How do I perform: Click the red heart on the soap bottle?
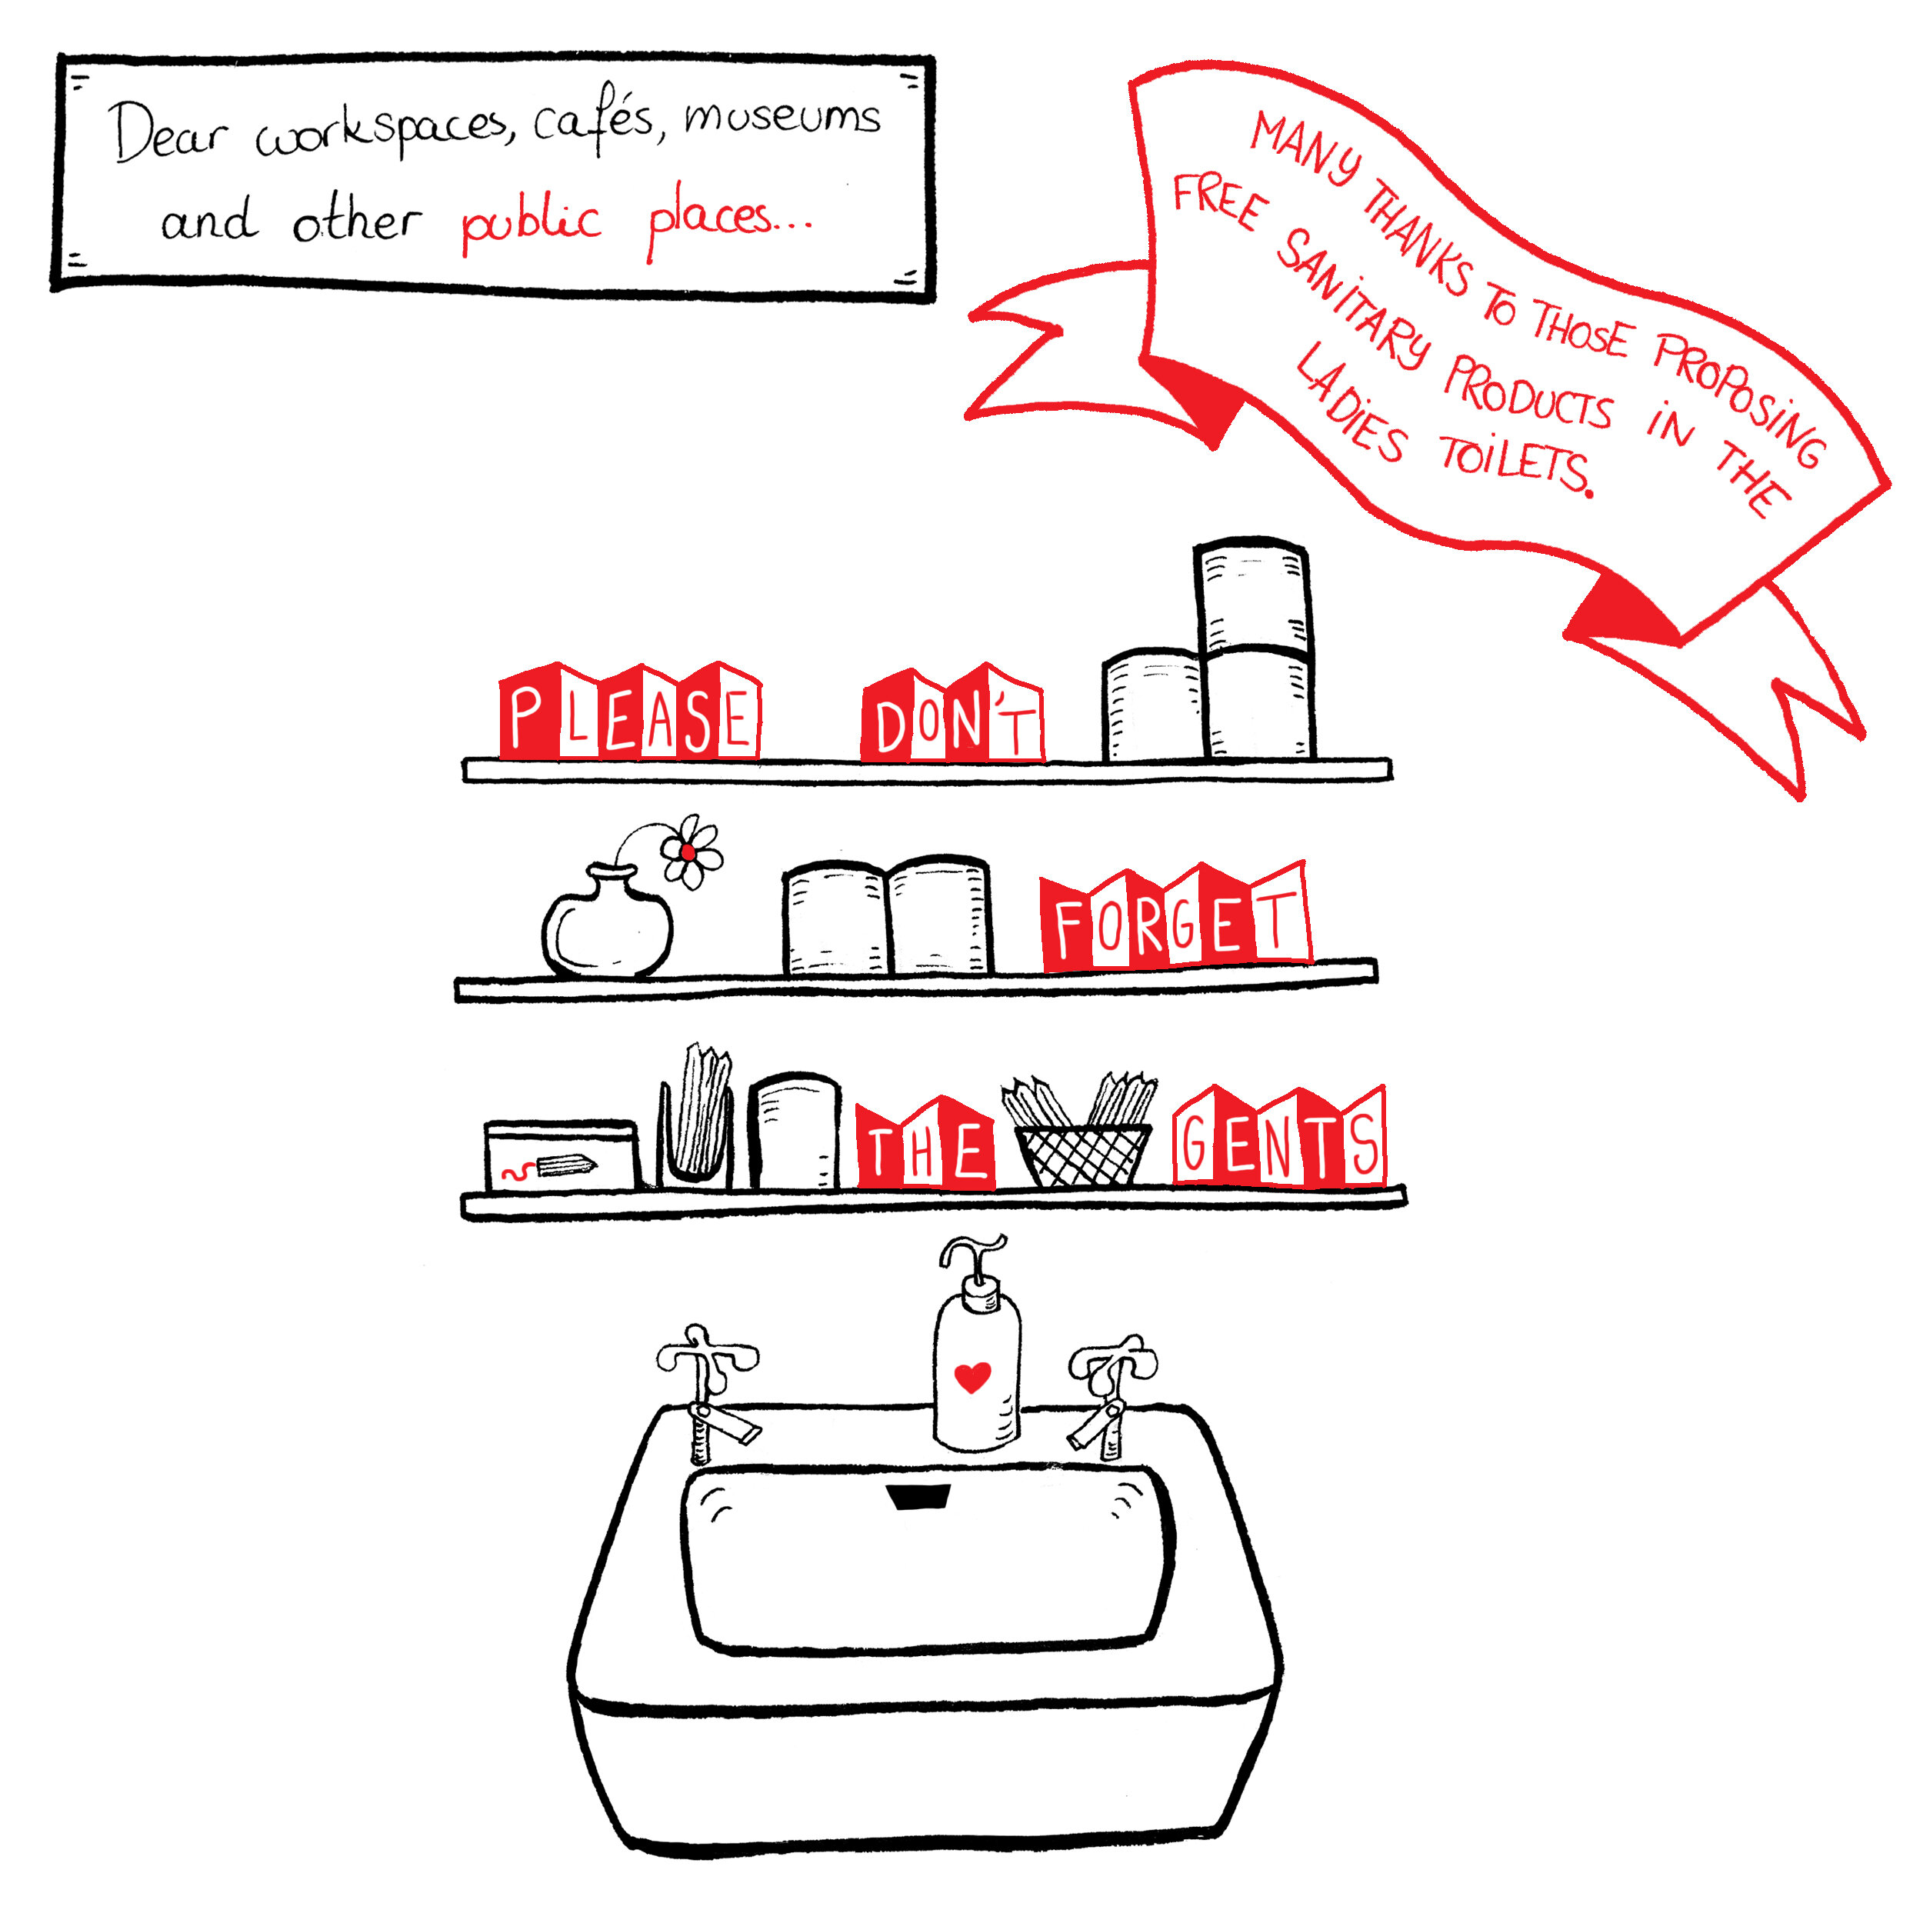972,1377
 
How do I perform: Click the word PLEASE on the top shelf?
630,713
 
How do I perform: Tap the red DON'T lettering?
952,715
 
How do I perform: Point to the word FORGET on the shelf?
1175,918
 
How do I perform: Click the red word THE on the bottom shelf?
925,1144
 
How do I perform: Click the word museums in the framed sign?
782,116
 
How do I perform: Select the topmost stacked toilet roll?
1251,595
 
